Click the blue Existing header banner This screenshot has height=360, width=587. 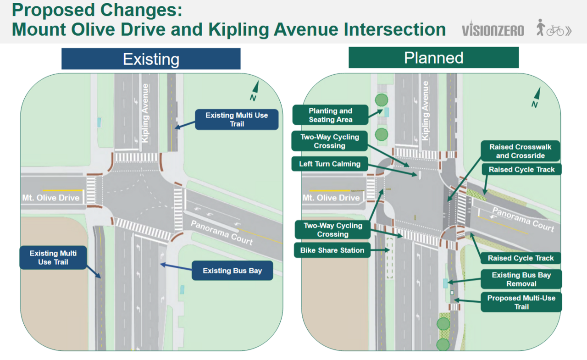click(151, 59)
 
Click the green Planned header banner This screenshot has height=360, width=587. click(433, 58)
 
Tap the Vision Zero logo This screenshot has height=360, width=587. click(493, 28)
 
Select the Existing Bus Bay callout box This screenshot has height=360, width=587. click(232, 271)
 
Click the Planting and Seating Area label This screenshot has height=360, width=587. click(331, 115)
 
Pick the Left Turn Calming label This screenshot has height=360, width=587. click(330, 164)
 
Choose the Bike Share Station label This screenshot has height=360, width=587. click(332, 250)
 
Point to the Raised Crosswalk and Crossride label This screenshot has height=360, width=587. click(520, 151)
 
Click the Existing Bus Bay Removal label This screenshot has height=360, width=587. click(521, 279)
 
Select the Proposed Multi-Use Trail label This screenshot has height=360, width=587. click(521, 302)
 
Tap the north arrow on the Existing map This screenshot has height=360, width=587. click(255, 91)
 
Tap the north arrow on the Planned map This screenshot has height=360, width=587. click(536, 98)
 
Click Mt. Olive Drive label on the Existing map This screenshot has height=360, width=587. click(51, 198)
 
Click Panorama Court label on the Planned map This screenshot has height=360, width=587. click(523, 220)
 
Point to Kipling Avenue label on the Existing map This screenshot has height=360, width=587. click(145, 113)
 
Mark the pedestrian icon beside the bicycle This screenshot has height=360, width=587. click(540, 27)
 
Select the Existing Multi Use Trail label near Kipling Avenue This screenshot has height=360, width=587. click(237, 120)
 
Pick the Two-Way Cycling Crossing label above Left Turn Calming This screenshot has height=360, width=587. click(330, 141)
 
